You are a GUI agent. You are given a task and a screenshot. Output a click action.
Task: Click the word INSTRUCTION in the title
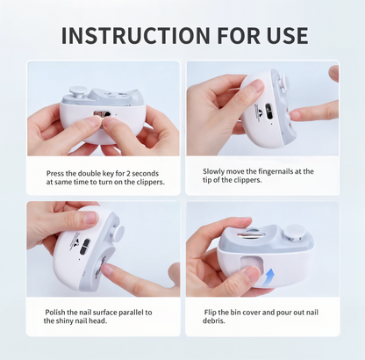[135, 35]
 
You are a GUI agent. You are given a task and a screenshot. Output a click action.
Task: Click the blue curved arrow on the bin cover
[268, 277]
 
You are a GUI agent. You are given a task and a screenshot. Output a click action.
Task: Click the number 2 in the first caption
[127, 174]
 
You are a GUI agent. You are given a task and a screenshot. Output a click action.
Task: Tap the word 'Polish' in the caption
[55, 313]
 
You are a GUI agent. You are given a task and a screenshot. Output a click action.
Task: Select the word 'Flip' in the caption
[211, 313]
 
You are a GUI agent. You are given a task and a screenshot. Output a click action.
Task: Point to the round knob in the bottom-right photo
[296, 233]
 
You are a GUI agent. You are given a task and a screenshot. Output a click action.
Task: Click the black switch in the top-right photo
[268, 112]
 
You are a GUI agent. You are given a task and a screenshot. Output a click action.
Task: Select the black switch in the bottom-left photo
[85, 247]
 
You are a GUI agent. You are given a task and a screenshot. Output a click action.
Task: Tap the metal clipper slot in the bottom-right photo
[252, 234]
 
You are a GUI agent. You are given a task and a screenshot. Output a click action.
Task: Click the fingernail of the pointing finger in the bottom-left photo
[109, 269]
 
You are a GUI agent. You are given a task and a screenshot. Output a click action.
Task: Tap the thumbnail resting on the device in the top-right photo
[258, 87]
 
